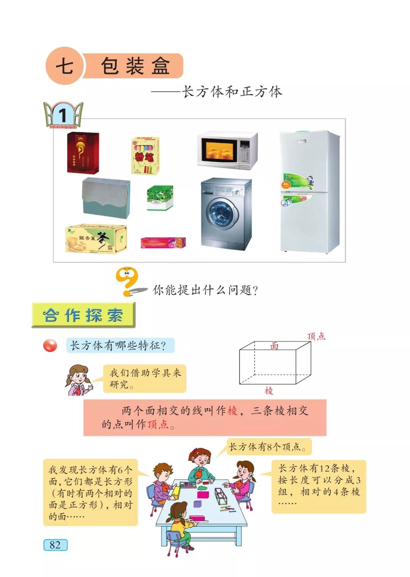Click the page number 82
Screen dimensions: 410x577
[55, 545]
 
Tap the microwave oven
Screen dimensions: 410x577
[227, 150]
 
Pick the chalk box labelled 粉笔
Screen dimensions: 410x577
[145, 156]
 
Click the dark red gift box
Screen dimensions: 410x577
[83, 152]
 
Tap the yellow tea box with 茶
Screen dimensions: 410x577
[96, 238]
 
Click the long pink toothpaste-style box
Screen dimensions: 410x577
[163, 243]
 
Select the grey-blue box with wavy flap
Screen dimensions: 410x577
[106, 197]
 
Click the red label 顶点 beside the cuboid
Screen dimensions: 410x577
[316, 336]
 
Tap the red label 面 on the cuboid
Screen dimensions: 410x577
[274, 346]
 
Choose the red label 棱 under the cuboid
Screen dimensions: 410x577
[269, 391]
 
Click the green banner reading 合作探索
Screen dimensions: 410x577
[83, 315]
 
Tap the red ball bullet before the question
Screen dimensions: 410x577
[50, 346]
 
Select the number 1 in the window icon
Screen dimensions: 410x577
[63, 116]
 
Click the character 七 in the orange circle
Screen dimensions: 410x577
[64, 66]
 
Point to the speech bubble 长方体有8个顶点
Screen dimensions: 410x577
[269, 447]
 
